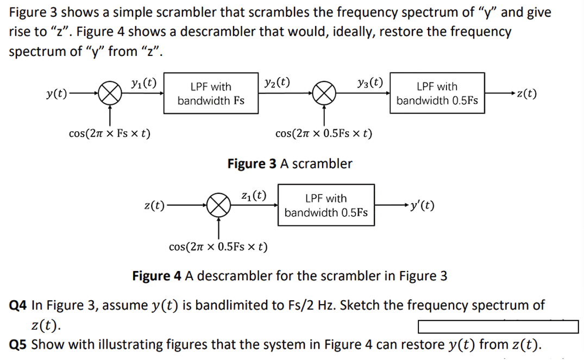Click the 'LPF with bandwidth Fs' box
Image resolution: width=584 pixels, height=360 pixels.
pos(211,93)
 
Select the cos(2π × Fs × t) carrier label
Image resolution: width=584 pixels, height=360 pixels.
pos(110,133)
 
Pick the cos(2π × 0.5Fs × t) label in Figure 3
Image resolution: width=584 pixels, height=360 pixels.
pos(324,133)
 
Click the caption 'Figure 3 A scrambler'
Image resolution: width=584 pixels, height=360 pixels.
pos(290,163)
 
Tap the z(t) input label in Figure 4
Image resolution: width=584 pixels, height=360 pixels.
pos(154,205)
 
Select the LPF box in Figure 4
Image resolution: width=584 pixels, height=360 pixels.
pos(325,205)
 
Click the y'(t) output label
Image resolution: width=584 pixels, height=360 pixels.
pos(422,205)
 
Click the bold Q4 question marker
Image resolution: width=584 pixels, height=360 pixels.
pos(20,305)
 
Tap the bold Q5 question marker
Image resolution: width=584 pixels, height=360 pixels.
pos(20,344)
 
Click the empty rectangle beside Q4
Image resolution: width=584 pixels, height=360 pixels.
pos(498,327)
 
